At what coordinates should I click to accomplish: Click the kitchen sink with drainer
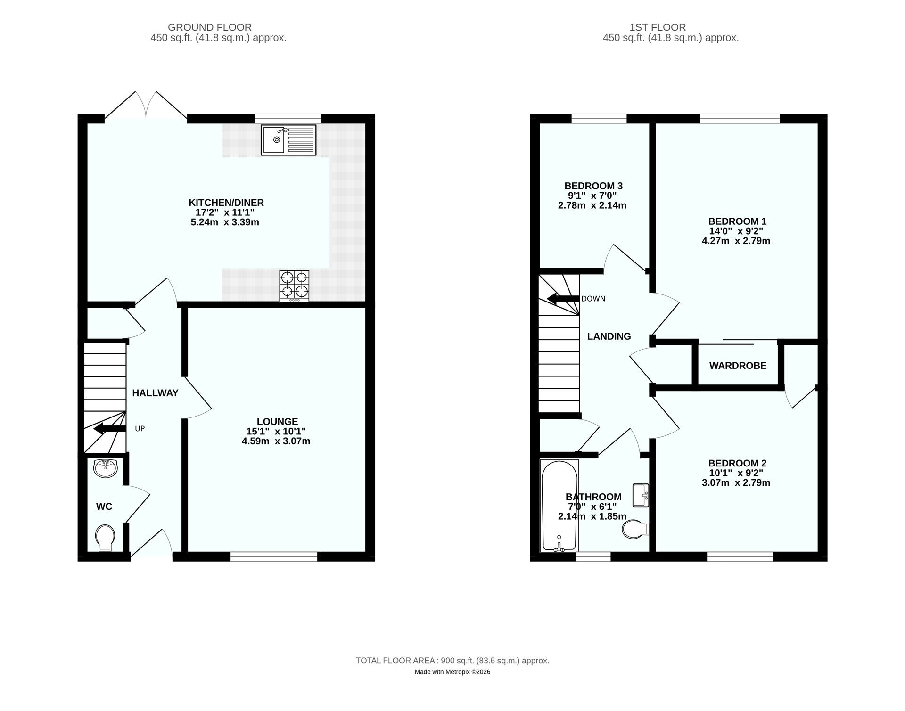point(288,140)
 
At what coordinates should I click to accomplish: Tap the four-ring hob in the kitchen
point(295,286)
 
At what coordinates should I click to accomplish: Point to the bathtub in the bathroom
point(559,506)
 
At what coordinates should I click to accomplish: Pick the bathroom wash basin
point(641,495)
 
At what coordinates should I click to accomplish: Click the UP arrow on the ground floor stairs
point(110,429)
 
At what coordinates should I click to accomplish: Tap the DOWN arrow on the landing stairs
point(563,299)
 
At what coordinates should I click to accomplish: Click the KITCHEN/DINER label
point(226,203)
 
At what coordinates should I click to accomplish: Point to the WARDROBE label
point(738,366)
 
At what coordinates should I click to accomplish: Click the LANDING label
point(609,336)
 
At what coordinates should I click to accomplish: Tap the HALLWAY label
point(155,393)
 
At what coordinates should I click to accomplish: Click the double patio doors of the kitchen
point(146,105)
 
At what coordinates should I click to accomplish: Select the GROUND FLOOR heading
point(210,27)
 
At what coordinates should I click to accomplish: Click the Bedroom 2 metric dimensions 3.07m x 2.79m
point(736,482)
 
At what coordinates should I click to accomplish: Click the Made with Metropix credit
point(452,672)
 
